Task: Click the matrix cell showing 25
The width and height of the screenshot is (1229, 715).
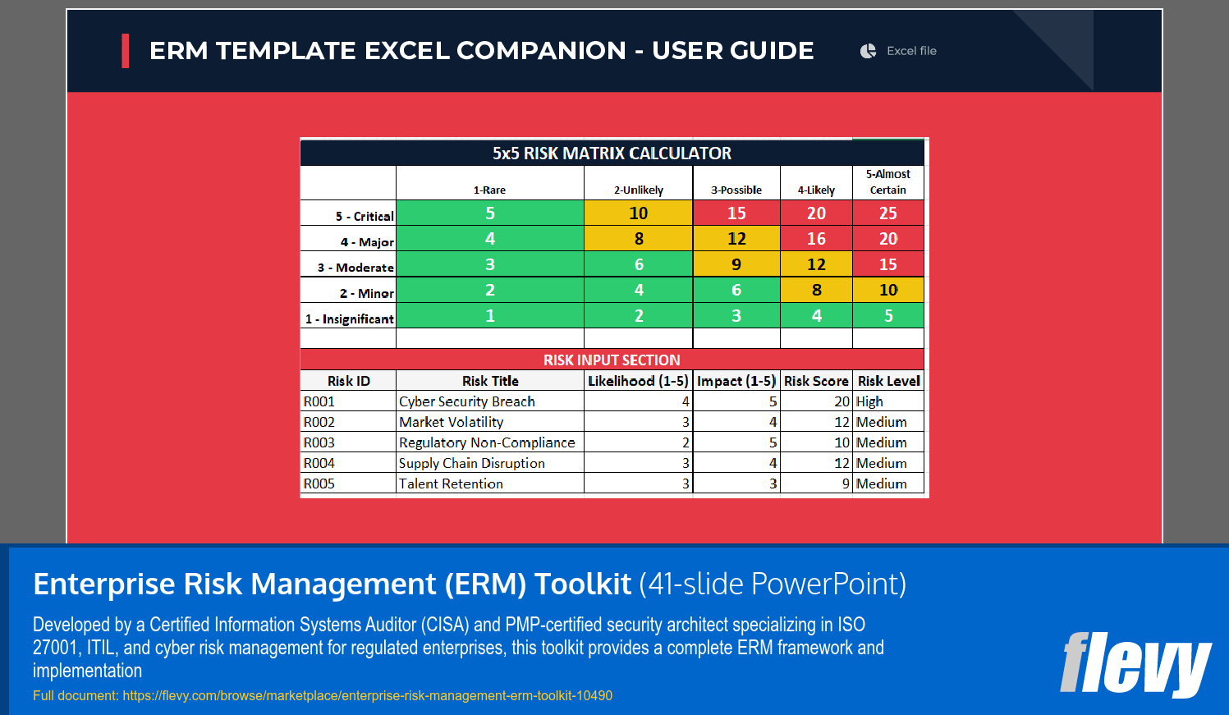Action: tap(888, 213)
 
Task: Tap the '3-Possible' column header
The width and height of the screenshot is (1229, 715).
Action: tap(736, 190)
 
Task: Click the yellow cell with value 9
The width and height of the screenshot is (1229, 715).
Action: tap(736, 264)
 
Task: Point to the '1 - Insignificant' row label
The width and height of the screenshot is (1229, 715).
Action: tap(350, 319)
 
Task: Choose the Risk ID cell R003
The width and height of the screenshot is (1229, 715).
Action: tap(319, 442)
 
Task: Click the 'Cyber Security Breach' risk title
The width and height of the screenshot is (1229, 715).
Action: tap(467, 401)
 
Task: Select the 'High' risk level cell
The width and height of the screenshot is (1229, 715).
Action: tap(870, 401)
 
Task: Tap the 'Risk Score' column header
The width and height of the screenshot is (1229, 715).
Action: tap(816, 381)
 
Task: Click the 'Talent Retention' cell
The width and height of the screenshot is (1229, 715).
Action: tap(451, 484)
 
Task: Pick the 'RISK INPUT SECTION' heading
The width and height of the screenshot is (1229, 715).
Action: tap(612, 360)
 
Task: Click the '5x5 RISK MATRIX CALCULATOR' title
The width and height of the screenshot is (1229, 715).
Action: tap(612, 154)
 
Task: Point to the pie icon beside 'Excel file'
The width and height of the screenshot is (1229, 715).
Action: tap(868, 51)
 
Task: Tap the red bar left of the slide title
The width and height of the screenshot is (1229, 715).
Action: tap(126, 51)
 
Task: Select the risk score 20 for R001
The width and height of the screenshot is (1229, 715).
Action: tap(841, 401)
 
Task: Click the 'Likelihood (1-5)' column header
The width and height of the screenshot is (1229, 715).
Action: tap(638, 381)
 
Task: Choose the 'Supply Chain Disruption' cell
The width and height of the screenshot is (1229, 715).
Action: tap(472, 463)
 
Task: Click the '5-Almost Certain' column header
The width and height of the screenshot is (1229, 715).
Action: tap(888, 182)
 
